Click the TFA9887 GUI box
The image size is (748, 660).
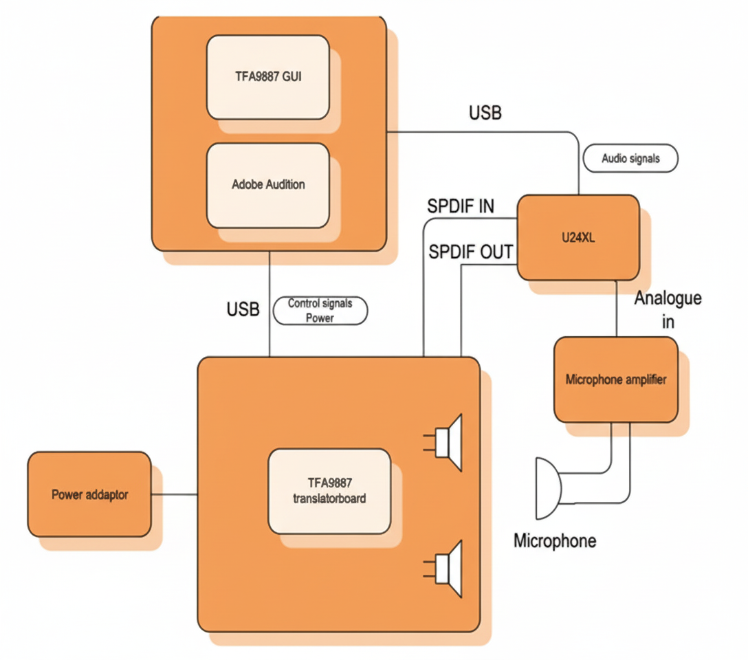(x=267, y=76)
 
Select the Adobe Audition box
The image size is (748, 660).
(x=267, y=185)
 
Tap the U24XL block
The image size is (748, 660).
(x=577, y=237)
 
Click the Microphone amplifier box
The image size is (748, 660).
(x=615, y=379)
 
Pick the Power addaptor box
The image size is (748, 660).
(x=89, y=494)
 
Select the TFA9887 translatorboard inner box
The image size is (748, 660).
(x=329, y=491)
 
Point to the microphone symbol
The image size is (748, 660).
(x=548, y=488)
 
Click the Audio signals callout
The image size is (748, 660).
(x=630, y=158)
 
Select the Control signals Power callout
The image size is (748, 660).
(x=320, y=311)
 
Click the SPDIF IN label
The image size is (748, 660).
(x=461, y=206)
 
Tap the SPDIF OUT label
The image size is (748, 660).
(x=470, y=252)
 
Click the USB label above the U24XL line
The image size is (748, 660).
(x=485, y=113)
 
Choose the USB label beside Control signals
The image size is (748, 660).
(x=243, y=309)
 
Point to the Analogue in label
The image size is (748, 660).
(x=668, y=309)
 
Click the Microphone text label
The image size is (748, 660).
(x=555, y=540)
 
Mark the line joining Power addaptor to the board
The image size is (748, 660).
(x=174, y=494)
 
